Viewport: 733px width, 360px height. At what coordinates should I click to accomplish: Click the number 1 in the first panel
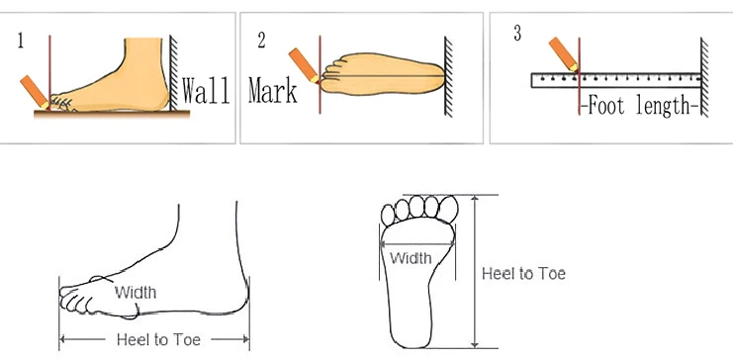pos(21,41)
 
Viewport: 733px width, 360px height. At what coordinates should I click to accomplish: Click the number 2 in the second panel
pos(262,41)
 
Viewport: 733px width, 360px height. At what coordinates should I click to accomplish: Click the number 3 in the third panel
pos(517,35)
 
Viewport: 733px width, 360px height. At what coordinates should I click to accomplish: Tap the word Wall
pos(206,91)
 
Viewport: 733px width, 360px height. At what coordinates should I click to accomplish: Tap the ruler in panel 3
pos(613,80)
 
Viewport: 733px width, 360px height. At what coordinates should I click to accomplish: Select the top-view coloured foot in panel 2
pos(381,75)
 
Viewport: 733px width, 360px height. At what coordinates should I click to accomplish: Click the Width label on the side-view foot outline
pos(135,292)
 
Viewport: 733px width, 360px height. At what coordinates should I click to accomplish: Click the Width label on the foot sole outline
pos(410,259)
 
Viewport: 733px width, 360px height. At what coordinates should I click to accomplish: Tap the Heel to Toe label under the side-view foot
pos(158,339)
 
